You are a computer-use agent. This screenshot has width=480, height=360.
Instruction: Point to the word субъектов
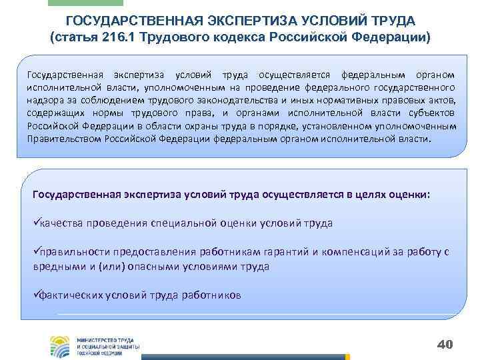(x=435, y=113)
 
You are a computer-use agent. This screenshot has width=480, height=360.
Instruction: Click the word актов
(x=439, y=100)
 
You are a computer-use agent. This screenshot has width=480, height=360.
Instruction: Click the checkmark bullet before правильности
(x=36, y=253)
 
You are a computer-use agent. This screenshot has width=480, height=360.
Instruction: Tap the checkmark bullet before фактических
(x=36, y=295)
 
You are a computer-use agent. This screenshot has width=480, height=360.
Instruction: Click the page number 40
(x=444, y=344)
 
